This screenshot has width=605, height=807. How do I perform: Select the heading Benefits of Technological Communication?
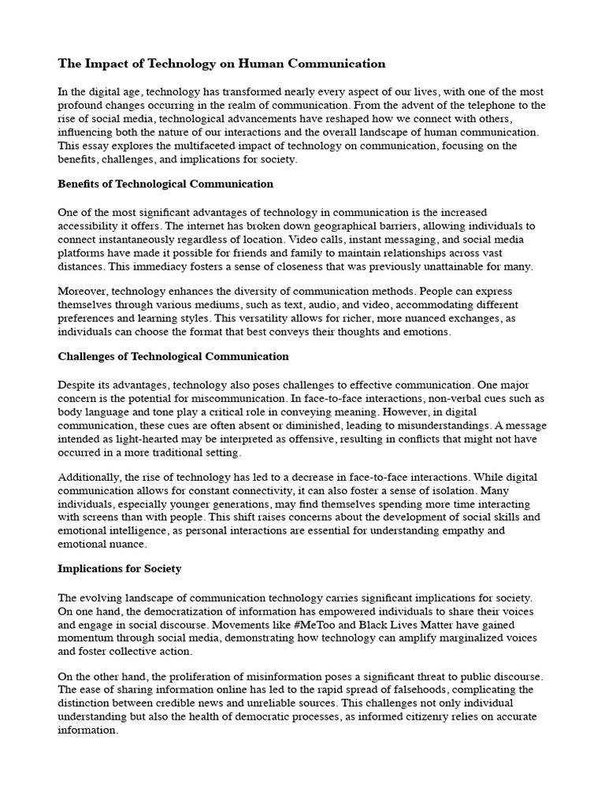[165, 184]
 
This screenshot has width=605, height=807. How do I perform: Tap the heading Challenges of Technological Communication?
[173, 356]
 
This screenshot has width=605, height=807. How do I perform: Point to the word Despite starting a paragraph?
[78, 385]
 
